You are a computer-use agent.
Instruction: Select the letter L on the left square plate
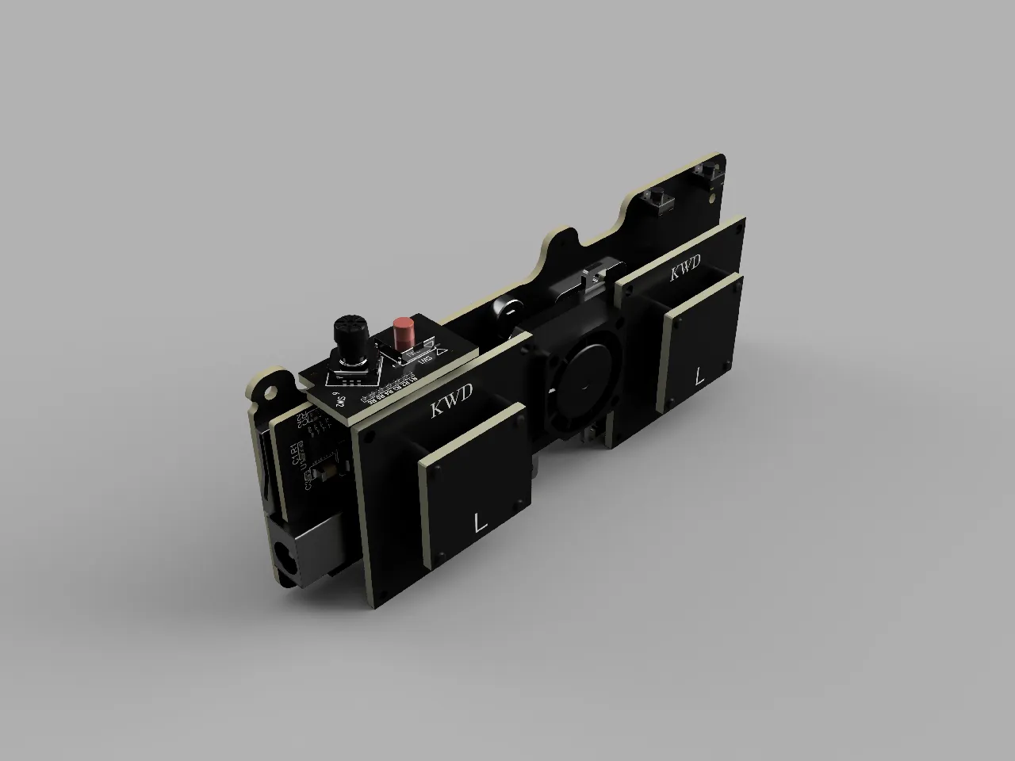[479, 522]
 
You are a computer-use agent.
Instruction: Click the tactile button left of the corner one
[657, 200]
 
